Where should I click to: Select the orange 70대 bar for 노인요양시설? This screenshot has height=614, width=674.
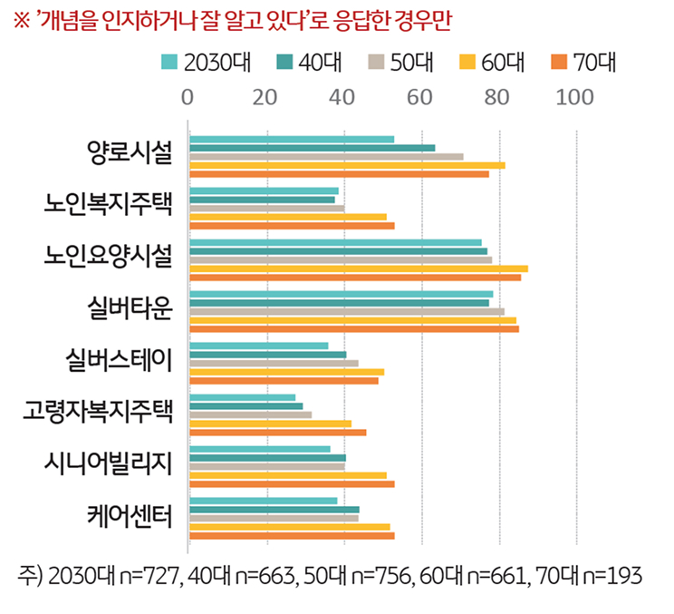(x=354, y=277)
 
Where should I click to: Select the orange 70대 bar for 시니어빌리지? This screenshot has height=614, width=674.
(x=291, y=484)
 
